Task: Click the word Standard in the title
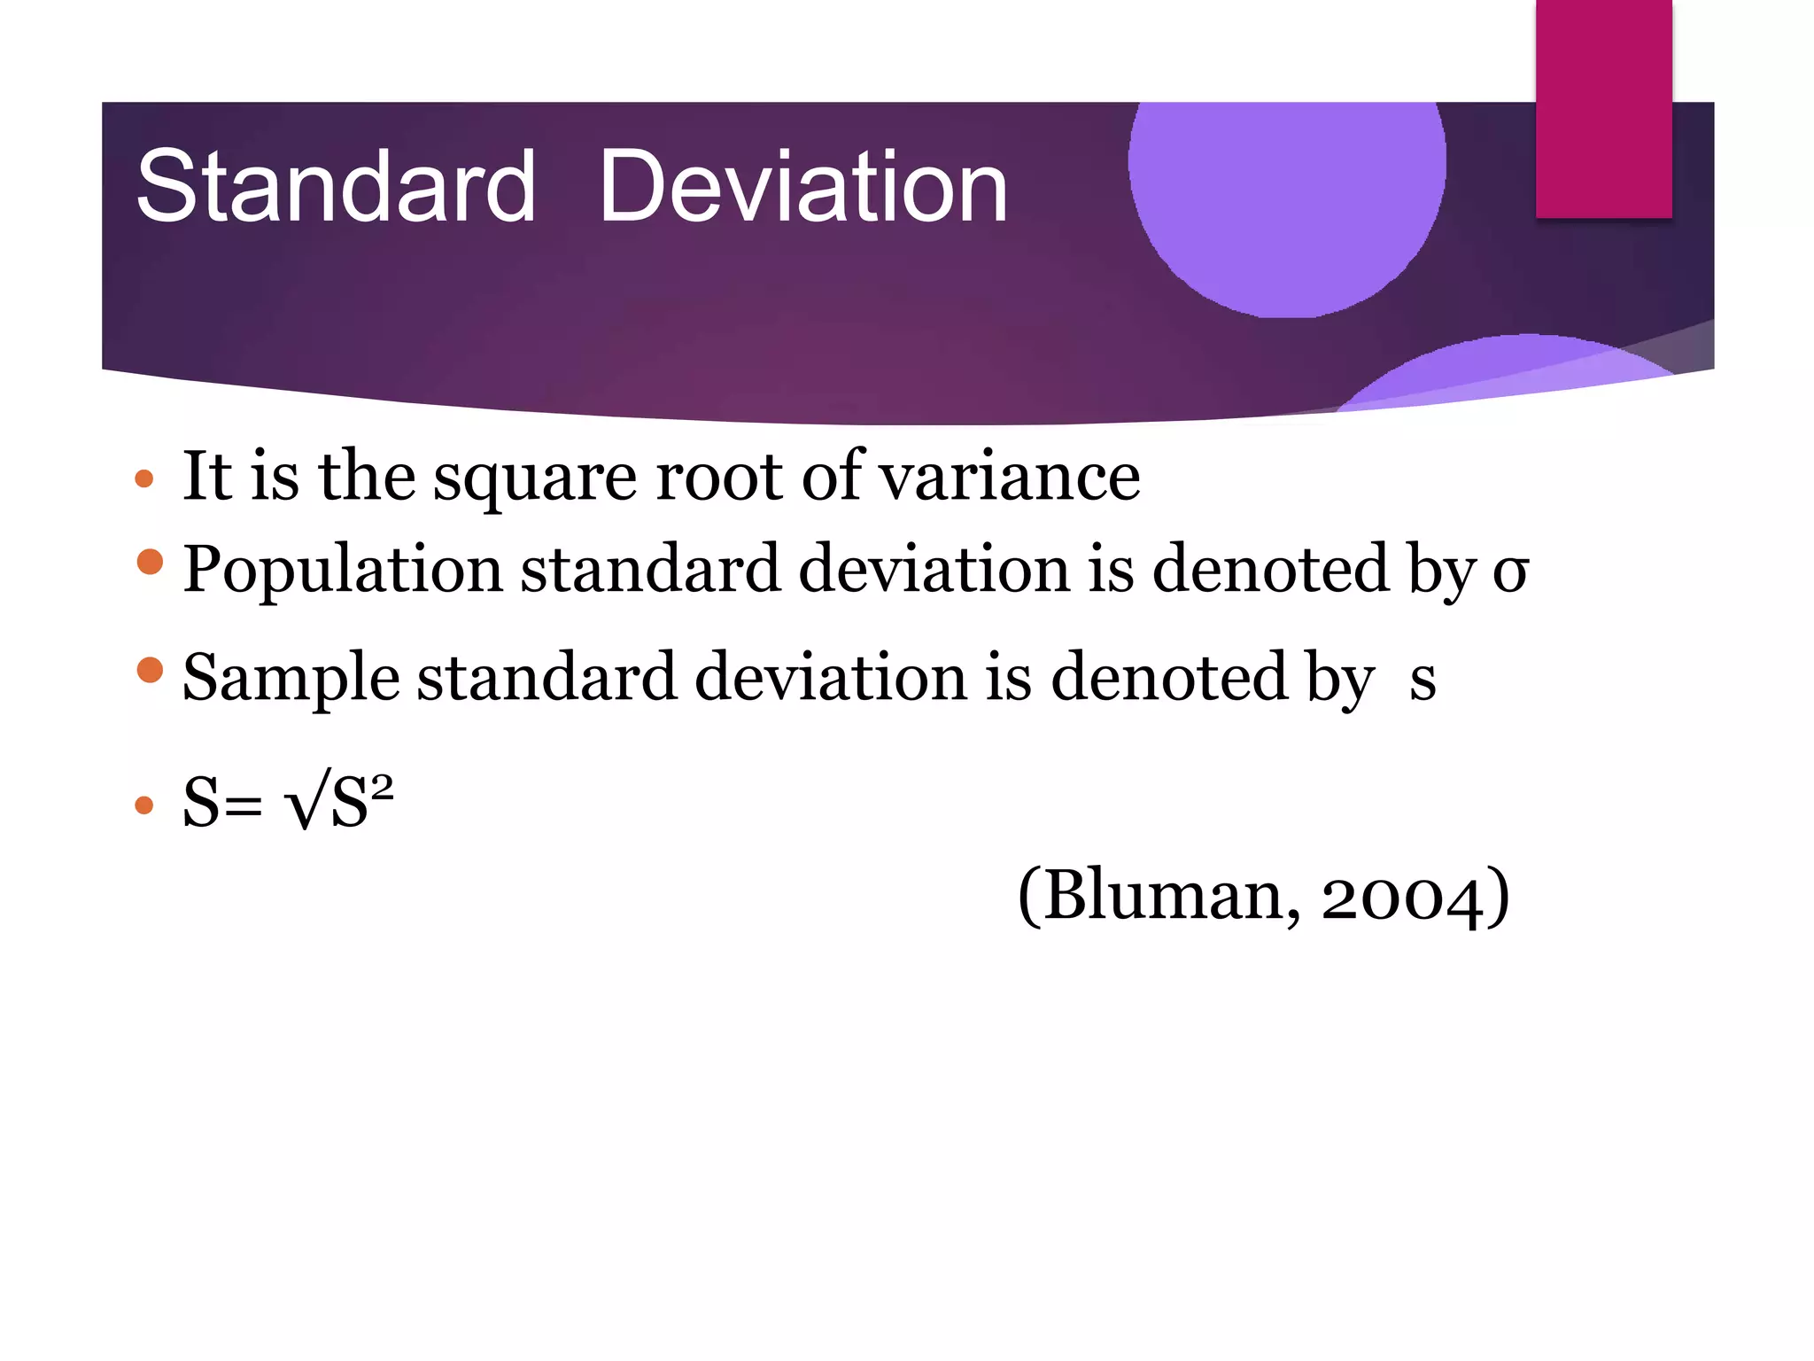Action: [x=336, y=186]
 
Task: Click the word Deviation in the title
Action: [x=802, y=186]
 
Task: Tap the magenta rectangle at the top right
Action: [x=1603, y=108]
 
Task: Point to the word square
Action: [x=534, y=478]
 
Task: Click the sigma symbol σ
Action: [x=1510, y=572]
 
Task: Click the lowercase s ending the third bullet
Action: [x=1423, y=680]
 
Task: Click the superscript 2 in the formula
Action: [x=382, y=785]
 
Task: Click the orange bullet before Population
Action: [x=151, y=562]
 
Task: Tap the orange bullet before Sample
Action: [x=151, y=670]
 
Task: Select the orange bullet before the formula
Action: [x=143, y=805]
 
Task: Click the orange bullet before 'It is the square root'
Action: [x=143, y=480]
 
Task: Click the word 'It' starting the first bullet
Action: [x=206, y=476]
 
